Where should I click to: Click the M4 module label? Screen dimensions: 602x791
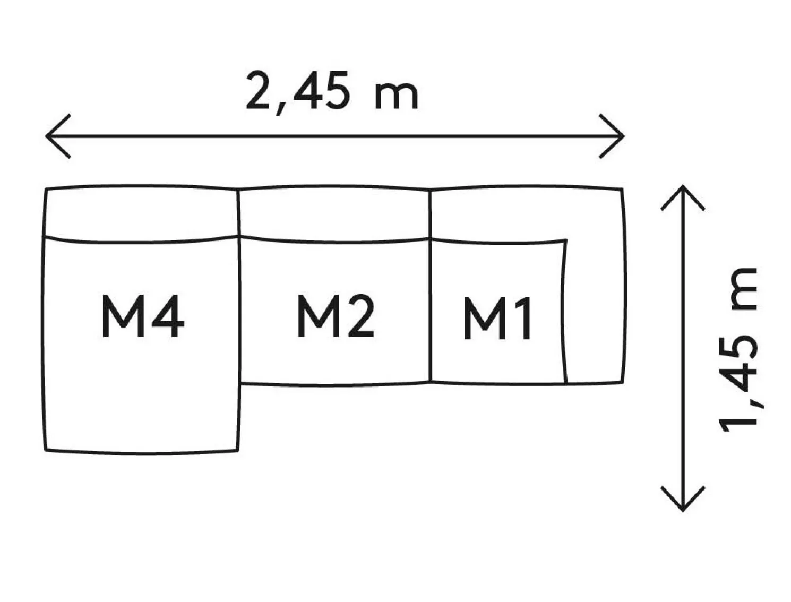[142, 317]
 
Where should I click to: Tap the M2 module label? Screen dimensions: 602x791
[335, 317]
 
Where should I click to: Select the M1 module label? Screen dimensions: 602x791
[497, 319]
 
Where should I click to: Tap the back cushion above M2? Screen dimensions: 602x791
[334, 213]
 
